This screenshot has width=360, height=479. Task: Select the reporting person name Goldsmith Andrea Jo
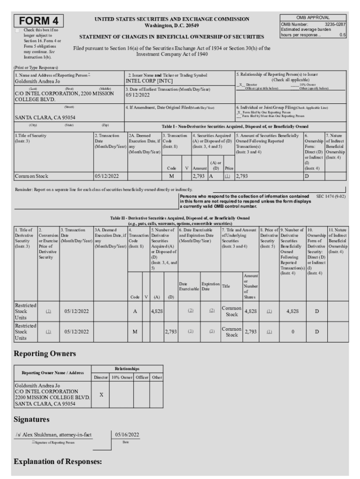tap(38, 81)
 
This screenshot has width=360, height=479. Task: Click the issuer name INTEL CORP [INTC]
tap(148, 80)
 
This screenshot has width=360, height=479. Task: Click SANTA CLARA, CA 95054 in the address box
tap(45, 117)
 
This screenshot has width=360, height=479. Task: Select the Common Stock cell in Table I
tap(31, 176)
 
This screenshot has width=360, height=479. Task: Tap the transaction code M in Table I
tap(171, 176)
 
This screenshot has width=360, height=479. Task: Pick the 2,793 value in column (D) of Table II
tap(171, 332)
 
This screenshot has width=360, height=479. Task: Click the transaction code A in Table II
tap(135, 310)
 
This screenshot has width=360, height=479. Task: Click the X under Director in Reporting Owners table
tap(101, 395)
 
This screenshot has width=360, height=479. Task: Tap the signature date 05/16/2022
tap(127, 435)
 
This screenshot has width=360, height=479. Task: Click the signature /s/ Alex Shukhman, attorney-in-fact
tap(53, 435)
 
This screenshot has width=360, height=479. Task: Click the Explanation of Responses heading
tap(58, 462)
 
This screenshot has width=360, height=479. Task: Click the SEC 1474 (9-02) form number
tap(331, 196)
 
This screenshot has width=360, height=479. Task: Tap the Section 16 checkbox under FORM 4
tap(18, 30)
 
